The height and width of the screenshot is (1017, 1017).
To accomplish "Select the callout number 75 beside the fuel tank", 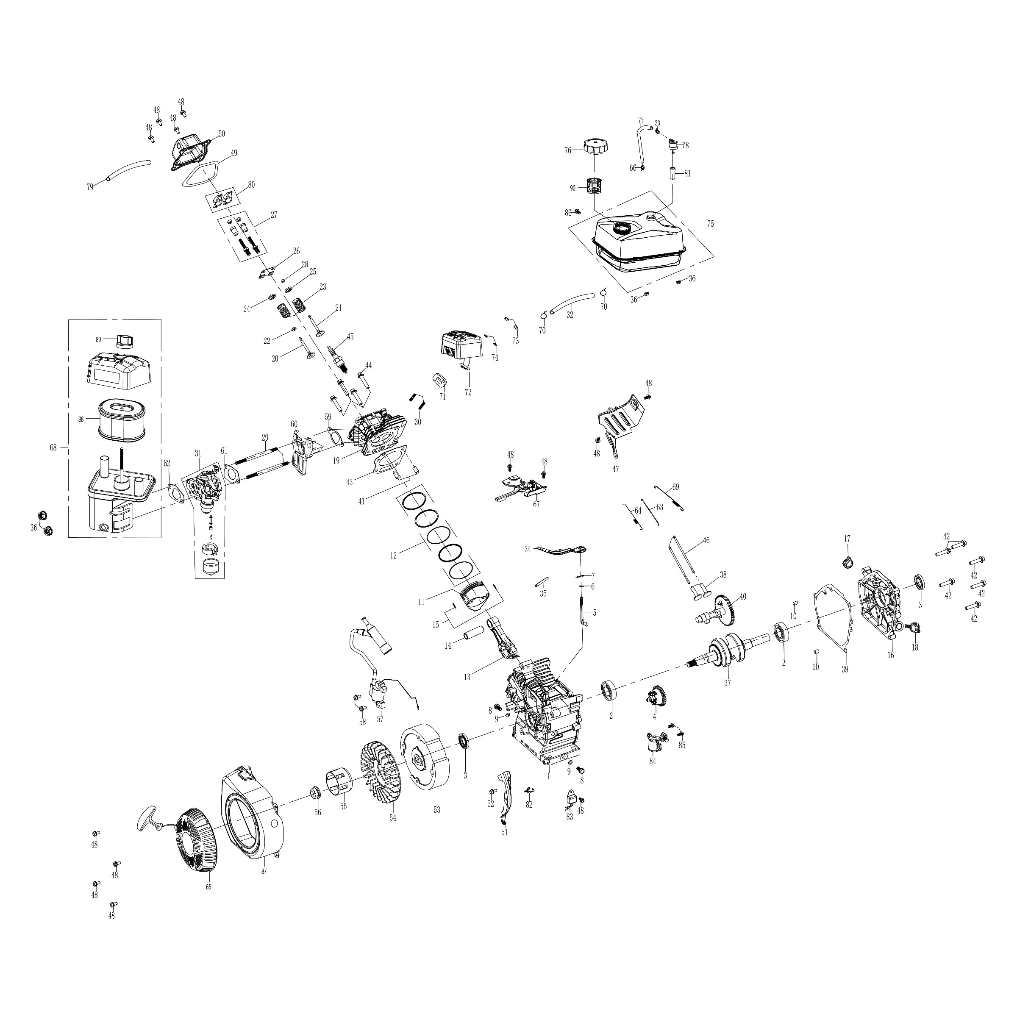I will tap(710, 224).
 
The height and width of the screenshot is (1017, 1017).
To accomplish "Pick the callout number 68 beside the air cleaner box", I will tap(53, 447).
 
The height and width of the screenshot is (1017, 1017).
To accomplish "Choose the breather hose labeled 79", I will tap(127, 169).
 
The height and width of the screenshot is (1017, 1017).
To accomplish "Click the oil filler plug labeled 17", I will tap(847, 563).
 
